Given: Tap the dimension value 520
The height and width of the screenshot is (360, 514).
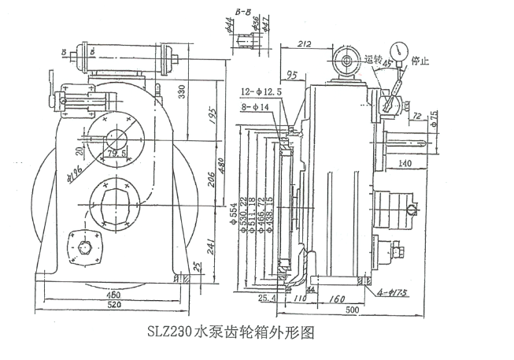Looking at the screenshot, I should (x=115, y=303).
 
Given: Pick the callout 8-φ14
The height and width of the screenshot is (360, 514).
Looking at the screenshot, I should (x=257, y=106).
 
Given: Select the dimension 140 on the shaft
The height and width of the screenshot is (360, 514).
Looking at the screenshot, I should (x=405, y=163).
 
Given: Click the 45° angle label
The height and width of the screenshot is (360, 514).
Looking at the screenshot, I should (x=387, y=65).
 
